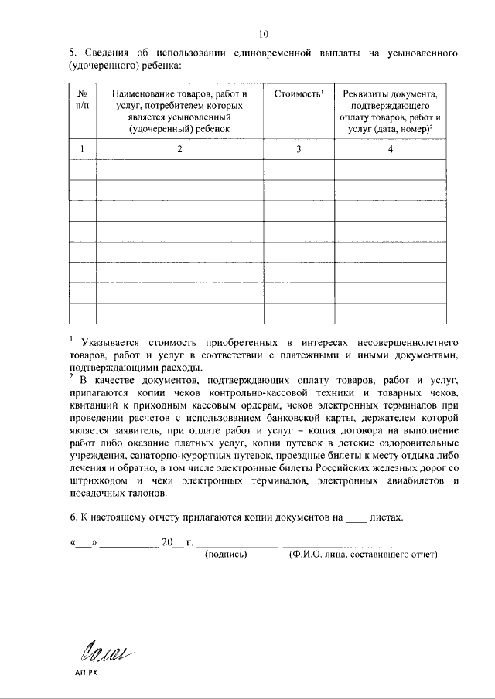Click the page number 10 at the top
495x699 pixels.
click(264, 34)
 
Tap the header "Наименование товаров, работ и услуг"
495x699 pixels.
click(179, 111)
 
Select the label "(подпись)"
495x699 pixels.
click(224, 555)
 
